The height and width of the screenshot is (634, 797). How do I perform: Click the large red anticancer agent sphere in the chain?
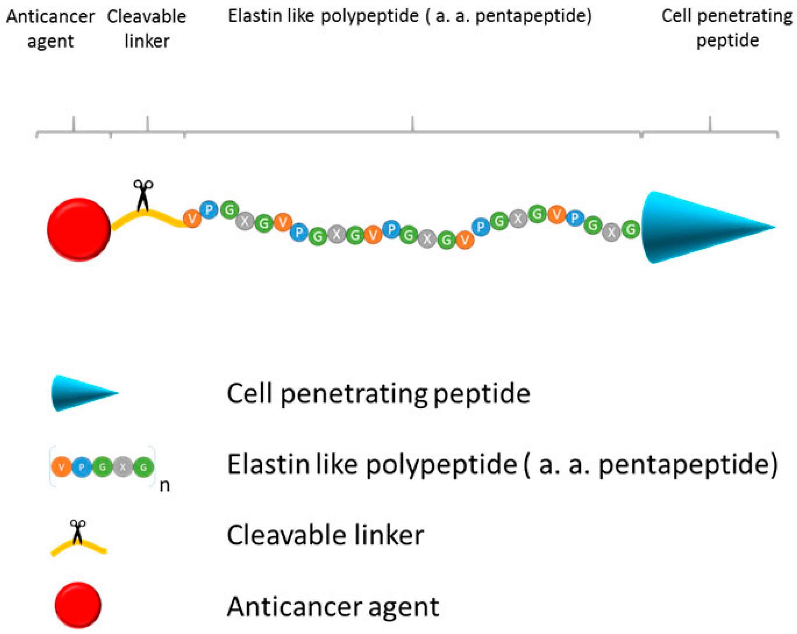pyautogui.click(x=79, y=229)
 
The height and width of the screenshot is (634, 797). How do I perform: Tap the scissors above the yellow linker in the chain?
pyautogui.click(x=143, y=195)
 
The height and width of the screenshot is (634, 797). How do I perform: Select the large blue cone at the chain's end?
pyautogui.click(x=695, y=227)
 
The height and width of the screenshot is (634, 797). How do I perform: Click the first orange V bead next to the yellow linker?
pyautogui.click(x=192, y=218)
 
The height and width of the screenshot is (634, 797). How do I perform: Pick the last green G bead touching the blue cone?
pyautogui.click(x=631, y=229)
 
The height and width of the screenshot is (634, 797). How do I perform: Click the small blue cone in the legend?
pyautogui.click(x=81, y=393)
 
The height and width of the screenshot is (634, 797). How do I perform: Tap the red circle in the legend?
pyautogui.click(x=78, y=605)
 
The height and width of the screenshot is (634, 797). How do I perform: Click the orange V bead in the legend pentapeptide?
pyautogui.click(x=62, y=467)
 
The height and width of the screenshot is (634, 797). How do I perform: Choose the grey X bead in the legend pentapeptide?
pyautogui.click(x=123, y=467)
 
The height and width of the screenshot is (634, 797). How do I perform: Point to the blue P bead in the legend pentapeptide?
pyautogui.click(x=82, y=467)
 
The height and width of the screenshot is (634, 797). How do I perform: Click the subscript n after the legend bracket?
pyautogui.click(x=165, y=486)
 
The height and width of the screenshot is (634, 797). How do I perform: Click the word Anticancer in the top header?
pyautogui.click(x=51, y=17)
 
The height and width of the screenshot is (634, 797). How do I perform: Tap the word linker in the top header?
pyautogui.click(x=147, y=41)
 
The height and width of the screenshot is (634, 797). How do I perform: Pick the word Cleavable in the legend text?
pyautogui.click(x=287, y=535)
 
